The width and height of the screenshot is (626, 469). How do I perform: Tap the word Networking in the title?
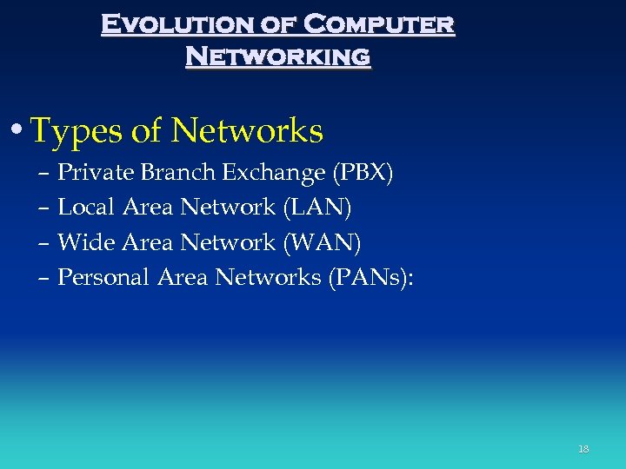278,56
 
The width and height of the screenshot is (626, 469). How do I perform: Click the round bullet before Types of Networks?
18,132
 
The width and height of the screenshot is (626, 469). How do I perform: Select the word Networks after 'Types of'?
248,131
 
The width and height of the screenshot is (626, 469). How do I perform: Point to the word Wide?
85,242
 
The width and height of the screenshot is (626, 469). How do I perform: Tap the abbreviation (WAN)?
323,242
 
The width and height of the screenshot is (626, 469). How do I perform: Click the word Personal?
103,277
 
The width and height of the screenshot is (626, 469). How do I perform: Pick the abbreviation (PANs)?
366,277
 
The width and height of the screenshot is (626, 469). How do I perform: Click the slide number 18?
583,449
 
